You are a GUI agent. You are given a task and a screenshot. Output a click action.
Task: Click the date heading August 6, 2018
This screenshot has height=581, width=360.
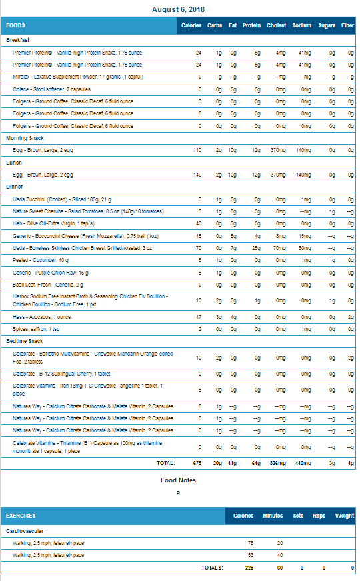pyautogui.click(x=178, y=9)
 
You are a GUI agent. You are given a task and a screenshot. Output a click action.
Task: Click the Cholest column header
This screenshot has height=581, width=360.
pyautogui.click(x=276, y=25)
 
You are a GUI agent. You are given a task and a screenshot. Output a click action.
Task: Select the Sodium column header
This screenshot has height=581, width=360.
pyautogui.click(x=302, y=25)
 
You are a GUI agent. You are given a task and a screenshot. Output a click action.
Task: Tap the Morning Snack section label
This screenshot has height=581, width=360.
pyautogui.click(x=25, y=138)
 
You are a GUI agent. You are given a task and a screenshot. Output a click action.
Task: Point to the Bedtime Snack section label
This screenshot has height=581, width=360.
pyautogui.click(x=25, y=341)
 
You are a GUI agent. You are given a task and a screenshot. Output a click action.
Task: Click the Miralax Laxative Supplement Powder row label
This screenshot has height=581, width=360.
pyautogui.click(x=78, y=77)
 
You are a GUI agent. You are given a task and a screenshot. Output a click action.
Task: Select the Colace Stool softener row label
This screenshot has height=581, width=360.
pyautogui.click(x=51, y=90)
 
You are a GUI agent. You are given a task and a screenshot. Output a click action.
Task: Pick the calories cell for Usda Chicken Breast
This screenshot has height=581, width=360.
pyautogui.click(x=197, y=248)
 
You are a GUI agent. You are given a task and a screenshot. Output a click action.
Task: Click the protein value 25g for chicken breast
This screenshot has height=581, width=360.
pyautogui.click(x=256, y=248)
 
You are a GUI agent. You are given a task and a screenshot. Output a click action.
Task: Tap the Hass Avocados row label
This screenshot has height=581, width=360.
pyautogui.click(x=41, y=318)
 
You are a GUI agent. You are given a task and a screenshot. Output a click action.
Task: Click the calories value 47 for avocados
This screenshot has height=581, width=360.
pyautogui.click(x=199, y=317)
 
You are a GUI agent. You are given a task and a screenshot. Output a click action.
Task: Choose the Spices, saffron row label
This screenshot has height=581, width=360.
pyautogui.click(x=36, y=329)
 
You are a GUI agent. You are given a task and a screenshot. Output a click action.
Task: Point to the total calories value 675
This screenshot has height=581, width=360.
pyautogui.click(x=197, y=463)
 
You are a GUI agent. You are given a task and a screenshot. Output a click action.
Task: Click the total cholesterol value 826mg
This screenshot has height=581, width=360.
pyautogui.click(x=278, y=463)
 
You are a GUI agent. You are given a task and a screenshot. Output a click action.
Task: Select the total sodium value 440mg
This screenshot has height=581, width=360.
pyautogui.click(x=303, y=463)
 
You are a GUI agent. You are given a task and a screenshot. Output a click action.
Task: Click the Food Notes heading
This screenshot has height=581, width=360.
pyautogui.click(x=178, y=480)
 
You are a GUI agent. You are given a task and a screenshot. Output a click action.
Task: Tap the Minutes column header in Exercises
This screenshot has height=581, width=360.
pyautogui.click(x=273, y=516)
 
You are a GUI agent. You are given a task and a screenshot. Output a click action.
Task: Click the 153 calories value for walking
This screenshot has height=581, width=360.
pyautogui.click(x=249, y=555)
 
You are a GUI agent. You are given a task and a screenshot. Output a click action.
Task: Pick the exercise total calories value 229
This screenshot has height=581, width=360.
pyautogui.click(x=249, y=568)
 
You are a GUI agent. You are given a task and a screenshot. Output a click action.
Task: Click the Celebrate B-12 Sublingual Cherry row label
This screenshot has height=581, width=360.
pyautogui.click(x=61, y=374)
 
